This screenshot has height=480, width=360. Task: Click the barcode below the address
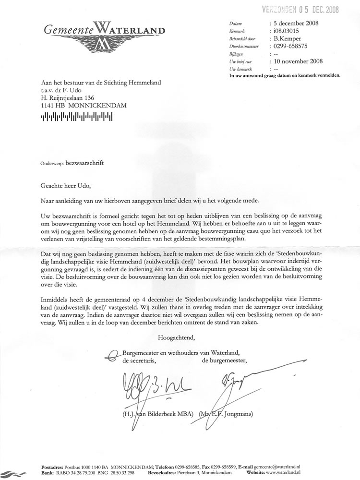pos(77,116)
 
